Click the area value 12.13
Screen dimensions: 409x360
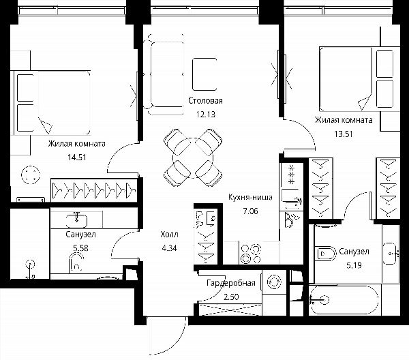(206, 115)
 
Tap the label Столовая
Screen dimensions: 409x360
(206, 101)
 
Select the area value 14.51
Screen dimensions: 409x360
(76, 157)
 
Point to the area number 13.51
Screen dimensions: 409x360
(344, 134)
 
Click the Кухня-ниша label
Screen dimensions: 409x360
(250, 197)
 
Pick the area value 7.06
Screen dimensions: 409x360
(250, 211)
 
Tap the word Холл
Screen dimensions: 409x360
(169, 235)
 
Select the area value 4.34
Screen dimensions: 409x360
(169, 247)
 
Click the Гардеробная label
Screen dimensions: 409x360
(231, 283)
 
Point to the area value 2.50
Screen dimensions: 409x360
(231, 297)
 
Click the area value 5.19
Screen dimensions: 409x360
(354, 265)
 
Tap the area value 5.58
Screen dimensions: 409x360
(80, 247)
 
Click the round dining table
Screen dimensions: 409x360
(193, 157)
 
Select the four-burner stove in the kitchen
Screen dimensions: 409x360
(251, 254)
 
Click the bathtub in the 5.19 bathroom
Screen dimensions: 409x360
(344, 300)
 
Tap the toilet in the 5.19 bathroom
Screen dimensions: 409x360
(326, 254)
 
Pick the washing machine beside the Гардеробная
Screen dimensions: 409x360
(274, 282)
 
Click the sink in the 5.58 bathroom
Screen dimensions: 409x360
(76, 221)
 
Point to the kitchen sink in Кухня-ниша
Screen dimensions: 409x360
(290, 199)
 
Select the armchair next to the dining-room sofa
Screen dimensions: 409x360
(204, 74)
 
